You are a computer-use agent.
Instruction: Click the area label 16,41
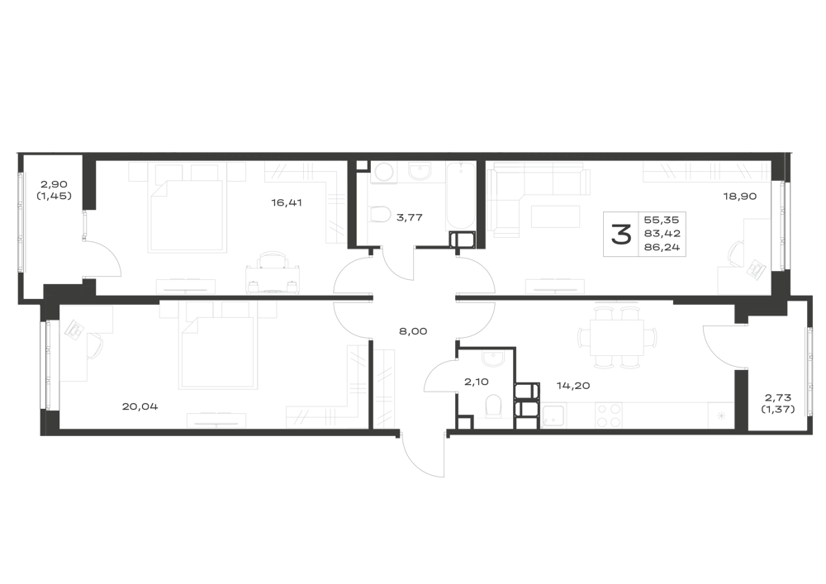[x=287, y=202]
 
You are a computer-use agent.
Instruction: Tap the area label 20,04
[x=140, y=406]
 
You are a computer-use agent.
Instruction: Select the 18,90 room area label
[x=740, y=197]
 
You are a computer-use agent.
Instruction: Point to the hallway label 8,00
[x=413, y=331]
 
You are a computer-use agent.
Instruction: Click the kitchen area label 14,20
[x=573, y=386]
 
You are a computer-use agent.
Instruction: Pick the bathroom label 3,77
[x=410, y=217]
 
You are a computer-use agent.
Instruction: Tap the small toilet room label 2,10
[x=476, y=382]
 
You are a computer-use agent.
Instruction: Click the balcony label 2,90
[x=55, y=184]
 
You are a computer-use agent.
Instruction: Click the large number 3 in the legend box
[x=621, y=235]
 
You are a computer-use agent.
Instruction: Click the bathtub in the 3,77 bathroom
[x=461, y=198]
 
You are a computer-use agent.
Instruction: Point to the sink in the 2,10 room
[x=494, y=359]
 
